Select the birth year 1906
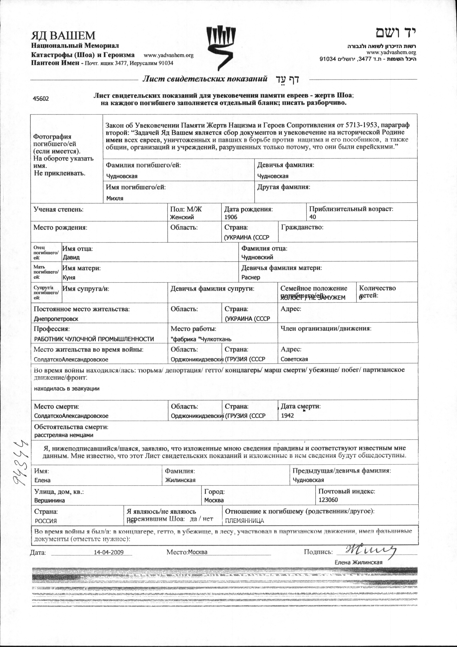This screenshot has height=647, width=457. (x=231, y=217)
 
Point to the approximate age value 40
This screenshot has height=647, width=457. (x=313, y=217)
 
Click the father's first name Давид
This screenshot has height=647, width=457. (x=71, y=257)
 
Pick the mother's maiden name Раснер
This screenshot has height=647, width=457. (x=251, y=277)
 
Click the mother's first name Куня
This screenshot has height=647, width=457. (x=69, y=277)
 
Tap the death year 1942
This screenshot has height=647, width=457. (x=287, y=416)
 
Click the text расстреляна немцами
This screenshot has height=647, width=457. (x=64, y=435)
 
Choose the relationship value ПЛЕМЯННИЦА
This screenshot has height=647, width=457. (x=245, y=521)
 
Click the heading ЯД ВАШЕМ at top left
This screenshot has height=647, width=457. (x=63, y=36)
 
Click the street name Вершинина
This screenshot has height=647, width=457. (x=50, y=500)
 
